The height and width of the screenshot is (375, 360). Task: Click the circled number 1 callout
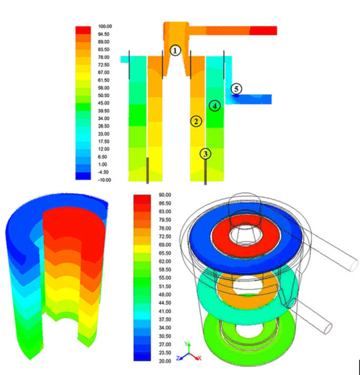[x=174, y=50]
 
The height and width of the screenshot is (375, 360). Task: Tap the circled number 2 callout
[x=195, y=121]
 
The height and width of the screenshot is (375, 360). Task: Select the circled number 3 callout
[x=205, y=153]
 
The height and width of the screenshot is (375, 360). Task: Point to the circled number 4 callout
[x=214, y=106]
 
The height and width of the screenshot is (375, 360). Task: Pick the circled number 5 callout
[x=237, y=88]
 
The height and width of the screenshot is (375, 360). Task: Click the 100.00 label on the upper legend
[x=105, y=27]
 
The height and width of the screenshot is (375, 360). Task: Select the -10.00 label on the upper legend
[x=105, y=180]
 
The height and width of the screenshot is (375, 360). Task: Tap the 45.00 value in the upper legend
[x=104, y=103]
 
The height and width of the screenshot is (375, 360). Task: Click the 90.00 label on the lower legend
[x=164, y=195]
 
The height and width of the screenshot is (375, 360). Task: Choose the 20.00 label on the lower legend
[x=164, y=361]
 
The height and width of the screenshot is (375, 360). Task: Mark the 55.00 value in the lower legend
[x=164, y=278]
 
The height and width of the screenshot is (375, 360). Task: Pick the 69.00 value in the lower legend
[x=164, y=245]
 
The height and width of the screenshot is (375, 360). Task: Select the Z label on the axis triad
[x=178, y=358]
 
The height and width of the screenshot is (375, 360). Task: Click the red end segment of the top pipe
[x=263, y=30]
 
